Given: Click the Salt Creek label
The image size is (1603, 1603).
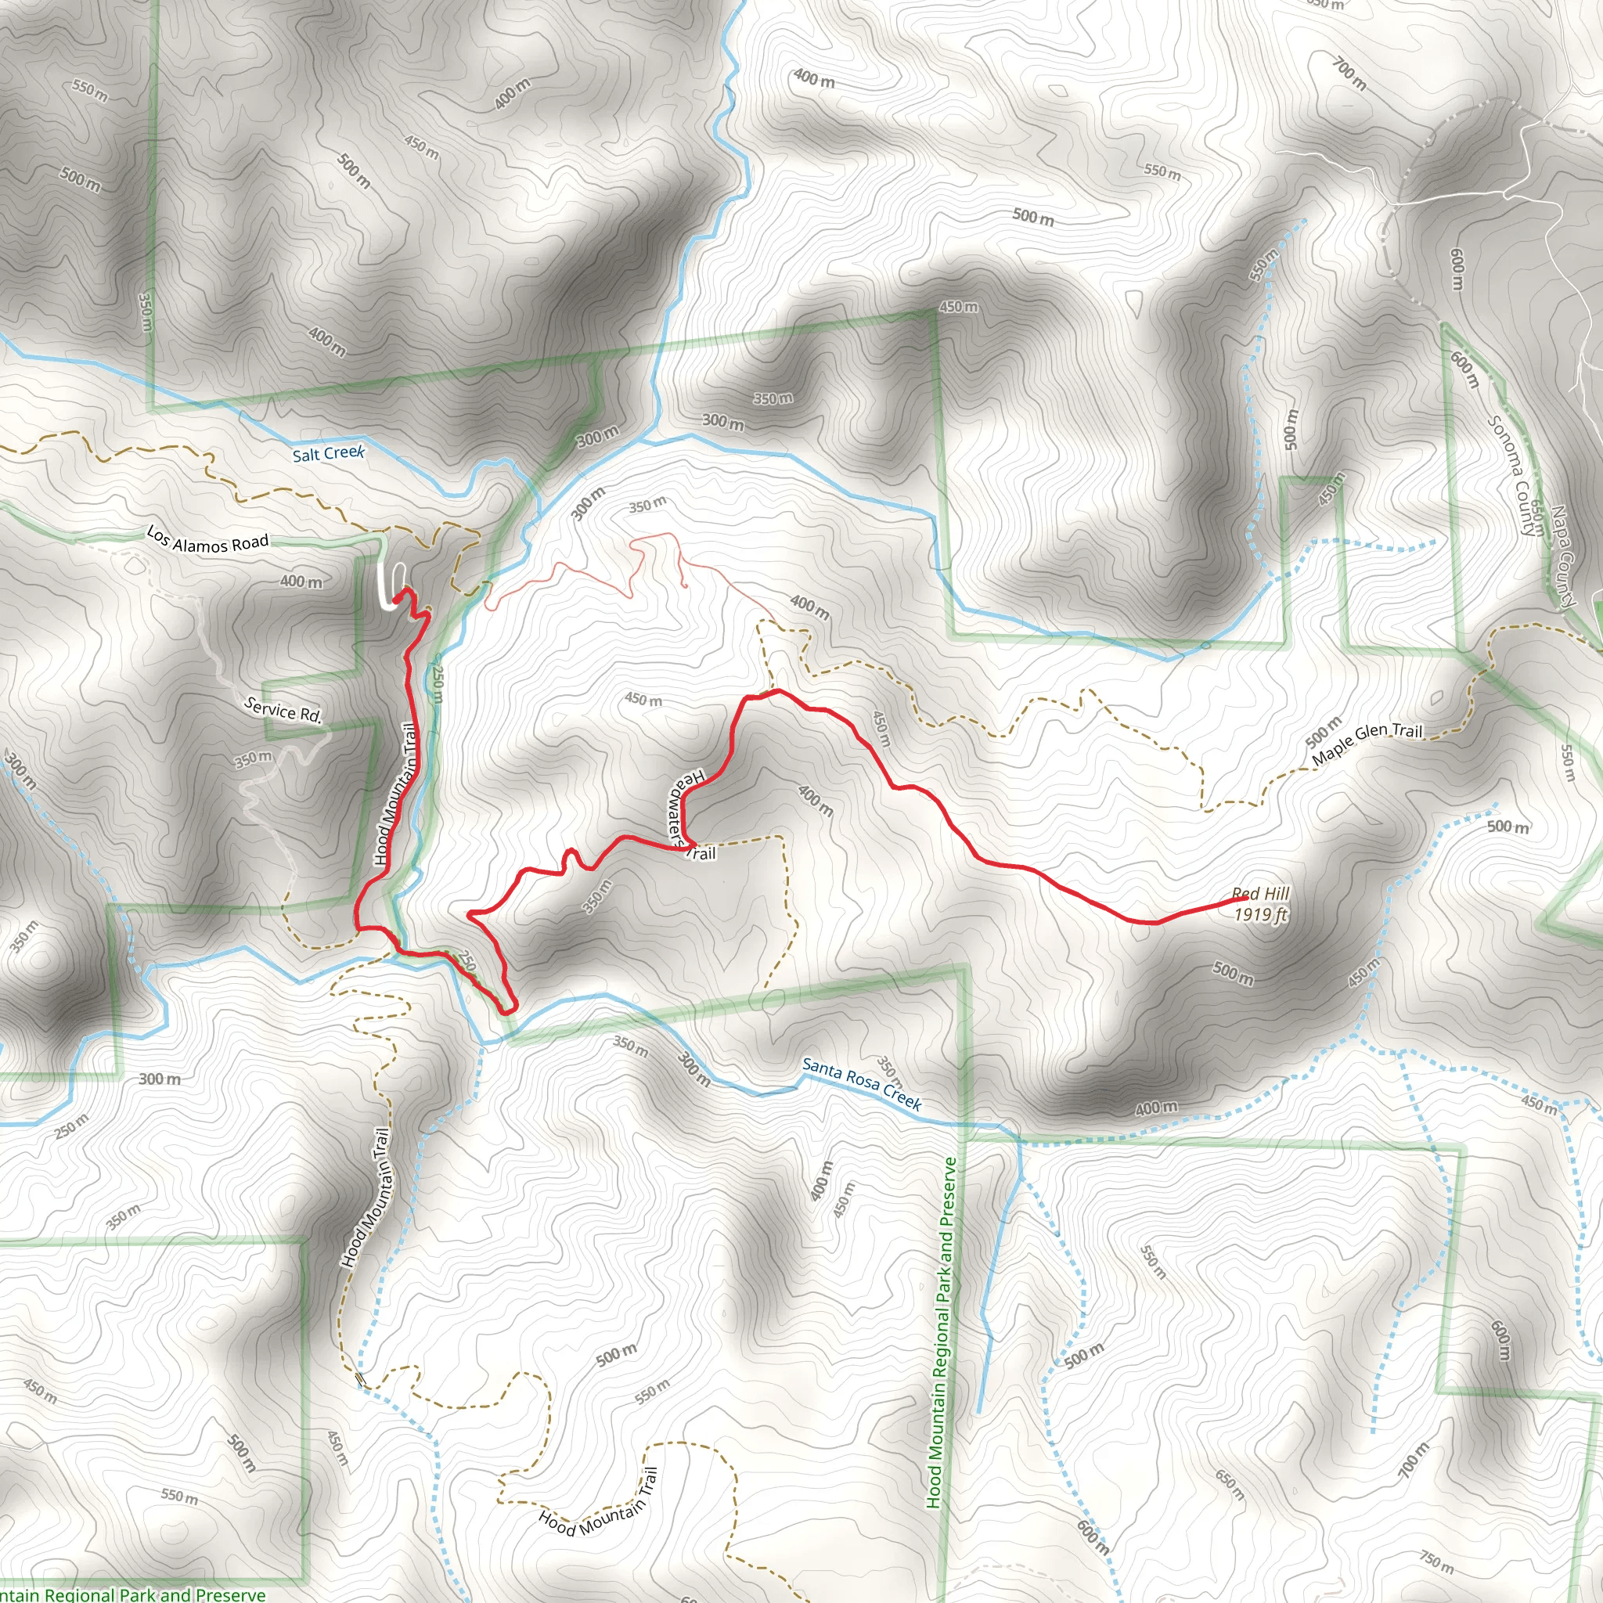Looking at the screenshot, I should coord(329,453).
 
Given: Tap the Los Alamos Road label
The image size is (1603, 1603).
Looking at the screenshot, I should coord(207,539).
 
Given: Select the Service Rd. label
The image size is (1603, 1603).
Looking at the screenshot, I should coord(283,710).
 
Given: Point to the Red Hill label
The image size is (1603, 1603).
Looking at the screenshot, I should coord(1260,894).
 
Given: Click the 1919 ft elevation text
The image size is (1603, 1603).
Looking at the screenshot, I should coord(1260,914).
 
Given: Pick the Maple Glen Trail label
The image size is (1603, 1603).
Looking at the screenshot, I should coord(1367,743).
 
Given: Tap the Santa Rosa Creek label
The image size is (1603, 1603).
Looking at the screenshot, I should coord(861,1083).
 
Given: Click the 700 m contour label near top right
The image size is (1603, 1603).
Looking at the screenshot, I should coord(1350,73).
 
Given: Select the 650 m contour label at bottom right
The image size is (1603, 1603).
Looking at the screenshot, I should coord(1230,1483).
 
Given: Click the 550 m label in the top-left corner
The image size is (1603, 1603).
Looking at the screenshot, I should coord(89,89).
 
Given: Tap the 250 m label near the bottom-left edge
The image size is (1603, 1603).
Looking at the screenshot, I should coord(71,1126).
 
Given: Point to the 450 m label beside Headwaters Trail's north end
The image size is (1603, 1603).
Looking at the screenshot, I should coord(644,700).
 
